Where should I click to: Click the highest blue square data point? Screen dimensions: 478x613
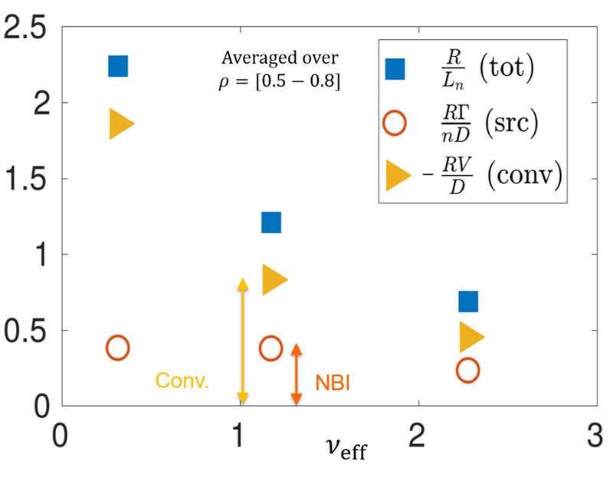[118, 66]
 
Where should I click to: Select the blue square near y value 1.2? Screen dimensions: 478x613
[271, 223]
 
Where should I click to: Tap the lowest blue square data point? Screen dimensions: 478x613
[468, 302]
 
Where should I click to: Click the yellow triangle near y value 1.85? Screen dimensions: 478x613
[120, 124]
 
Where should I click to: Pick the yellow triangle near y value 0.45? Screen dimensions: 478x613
[470, 335]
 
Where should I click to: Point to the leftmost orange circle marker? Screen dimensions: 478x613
[117, 348]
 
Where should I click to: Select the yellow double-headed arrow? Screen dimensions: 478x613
[243, 341]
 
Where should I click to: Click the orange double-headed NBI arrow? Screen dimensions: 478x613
[297, 374]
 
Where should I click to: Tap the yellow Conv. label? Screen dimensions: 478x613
[182, 381]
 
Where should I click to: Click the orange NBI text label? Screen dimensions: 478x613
[333, 382]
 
